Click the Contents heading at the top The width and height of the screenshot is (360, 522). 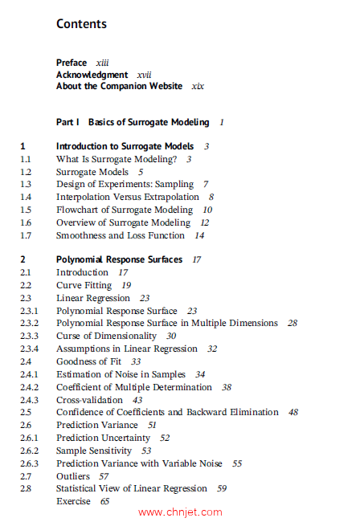click(81, 23)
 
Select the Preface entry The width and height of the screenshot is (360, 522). click(72, 63)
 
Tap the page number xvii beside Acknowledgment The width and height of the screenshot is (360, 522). click(144, 75)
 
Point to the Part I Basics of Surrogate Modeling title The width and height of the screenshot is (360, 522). click(133, 122)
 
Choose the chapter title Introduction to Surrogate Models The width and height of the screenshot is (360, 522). click(125, 146)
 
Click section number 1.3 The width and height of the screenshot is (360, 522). click(26, 184)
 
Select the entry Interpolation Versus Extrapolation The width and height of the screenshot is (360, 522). click(127, 197)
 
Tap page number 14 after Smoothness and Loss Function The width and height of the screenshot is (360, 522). click(199, 235)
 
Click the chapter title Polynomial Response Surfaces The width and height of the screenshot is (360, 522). click(119, 259)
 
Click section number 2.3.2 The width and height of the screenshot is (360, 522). click(29, 323)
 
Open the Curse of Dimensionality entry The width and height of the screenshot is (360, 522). click(106, 336)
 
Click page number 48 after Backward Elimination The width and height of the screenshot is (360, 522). click(293, 412)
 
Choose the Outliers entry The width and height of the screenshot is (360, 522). click(73, 476)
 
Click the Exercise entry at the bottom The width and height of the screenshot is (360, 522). click(73, 501)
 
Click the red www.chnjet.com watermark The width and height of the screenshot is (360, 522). click(180, 512)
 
